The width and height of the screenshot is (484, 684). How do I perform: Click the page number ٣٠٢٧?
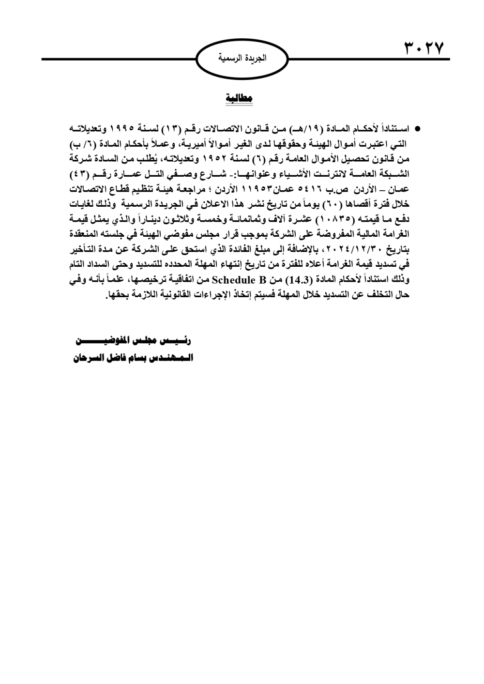pyautogui.click(x=423, y=49)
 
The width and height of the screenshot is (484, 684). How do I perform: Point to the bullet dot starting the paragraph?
pyautogui.click(x=415, y=130)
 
